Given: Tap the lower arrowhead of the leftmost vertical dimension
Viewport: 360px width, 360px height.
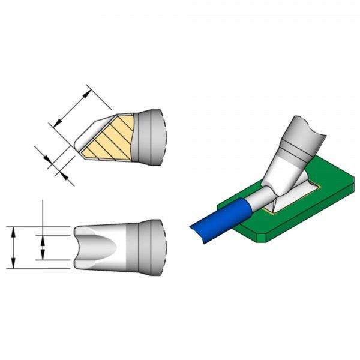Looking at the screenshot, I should click(13, 265).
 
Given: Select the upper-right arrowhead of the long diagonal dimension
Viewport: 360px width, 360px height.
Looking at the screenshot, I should click(91, 90).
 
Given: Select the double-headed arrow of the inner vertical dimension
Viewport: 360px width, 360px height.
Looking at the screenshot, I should click(42, 247).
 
